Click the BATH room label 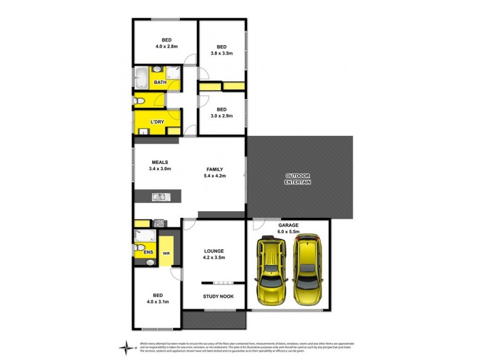click(x=160, y=83)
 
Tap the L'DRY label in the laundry click(x=157, y=122)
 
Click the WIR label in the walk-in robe click(x=166, y=253)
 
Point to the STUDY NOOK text click(x=214, y=296)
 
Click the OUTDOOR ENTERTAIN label click(x=298, y=179)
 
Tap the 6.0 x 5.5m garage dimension click(x=289, y=231)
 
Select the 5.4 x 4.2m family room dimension click(x=214, y=176)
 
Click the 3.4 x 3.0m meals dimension click(x=160, y=169)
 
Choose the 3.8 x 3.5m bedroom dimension click(x=221, y=53)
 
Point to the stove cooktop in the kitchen click(x=159, y=223)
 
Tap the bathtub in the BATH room click(x=142, y=78)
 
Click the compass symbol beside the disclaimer click(x=126, y=347)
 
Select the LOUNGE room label click(x=214, y=251)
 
